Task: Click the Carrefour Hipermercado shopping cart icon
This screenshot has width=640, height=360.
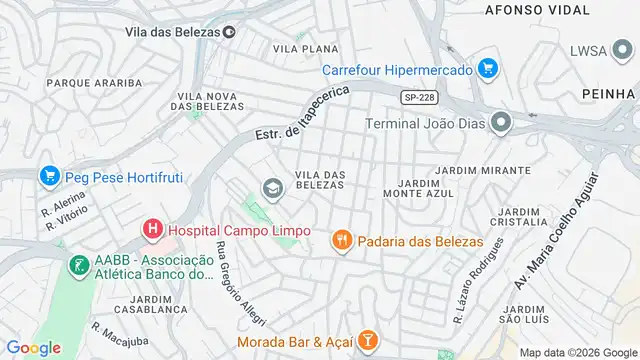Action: pos(487,69)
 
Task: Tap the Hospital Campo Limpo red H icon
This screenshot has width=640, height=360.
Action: pos(152,229)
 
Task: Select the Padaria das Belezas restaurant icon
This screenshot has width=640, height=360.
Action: pos(342,240)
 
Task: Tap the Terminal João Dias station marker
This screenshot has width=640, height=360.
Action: pos(501,123)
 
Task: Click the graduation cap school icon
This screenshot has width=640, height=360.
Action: pos(270,188)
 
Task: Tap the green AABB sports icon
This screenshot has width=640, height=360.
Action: pos(77,266)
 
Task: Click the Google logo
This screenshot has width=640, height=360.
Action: pos(33,347)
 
